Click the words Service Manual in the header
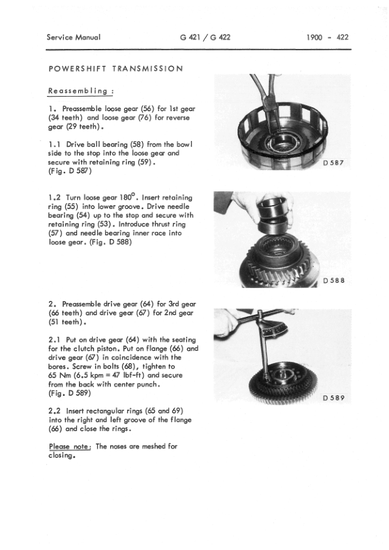coord(74,37)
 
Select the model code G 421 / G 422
coord(205,37)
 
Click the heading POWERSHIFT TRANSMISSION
coord(116,69)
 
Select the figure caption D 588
coord(337,282)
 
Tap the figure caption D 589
coord(337,398)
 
